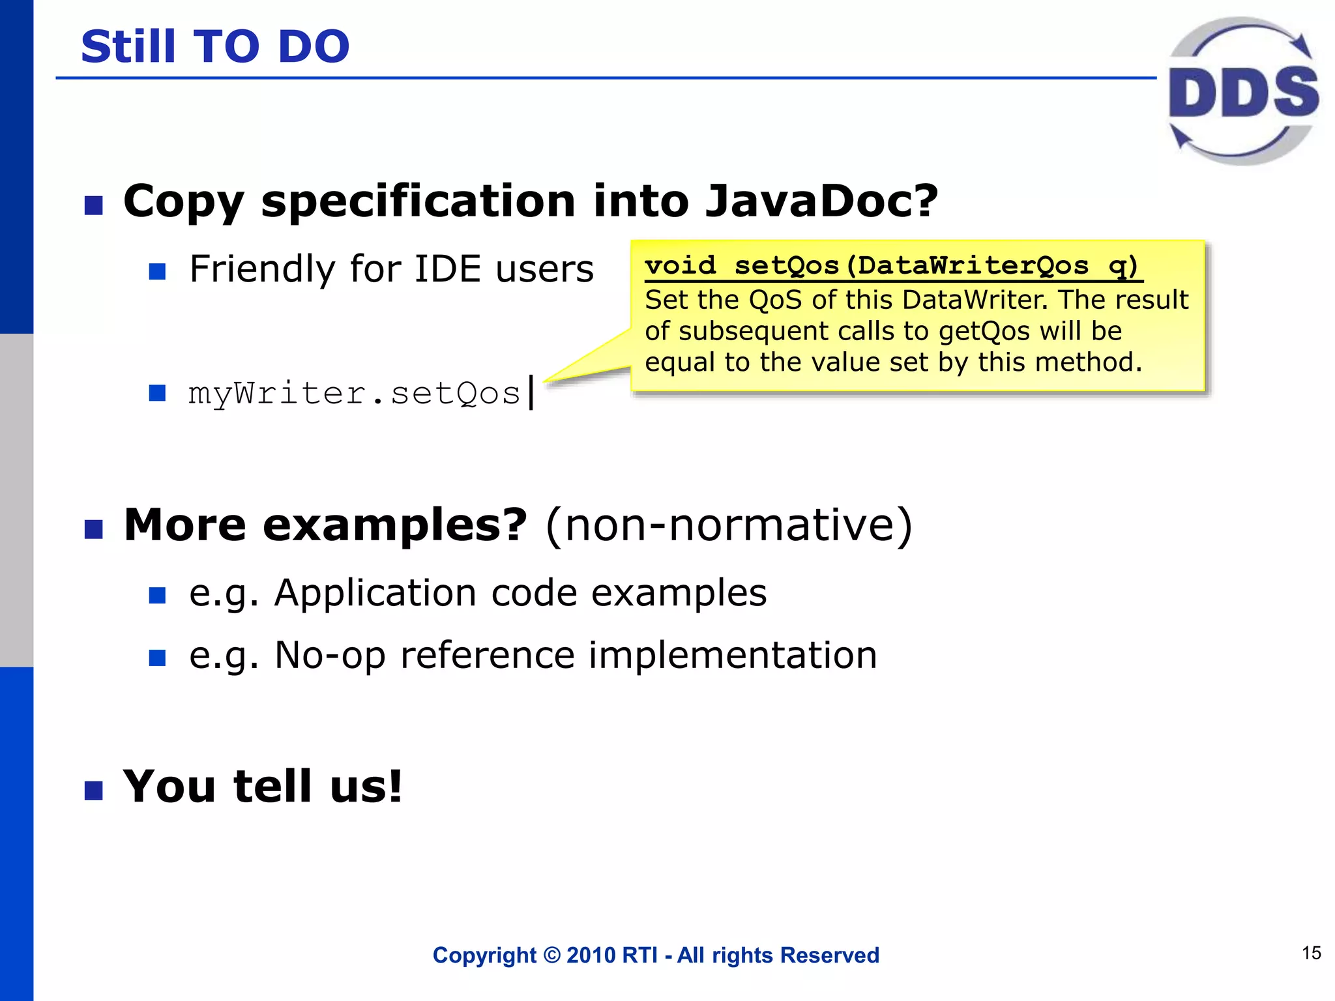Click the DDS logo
pos(1242,91)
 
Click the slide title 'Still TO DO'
pos(215,47)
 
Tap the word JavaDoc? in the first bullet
pos(821,201)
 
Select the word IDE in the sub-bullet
pos(450,268)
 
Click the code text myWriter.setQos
pos(354,393)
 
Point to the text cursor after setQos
pos(532,392)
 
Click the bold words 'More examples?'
pos(325,525)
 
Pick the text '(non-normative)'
pos(729,525)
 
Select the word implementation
pos(733,655)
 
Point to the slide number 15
pos(1311,953)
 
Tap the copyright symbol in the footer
pos(551,955)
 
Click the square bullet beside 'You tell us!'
pos(94,791)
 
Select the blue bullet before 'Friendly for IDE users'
pos(157,271)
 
